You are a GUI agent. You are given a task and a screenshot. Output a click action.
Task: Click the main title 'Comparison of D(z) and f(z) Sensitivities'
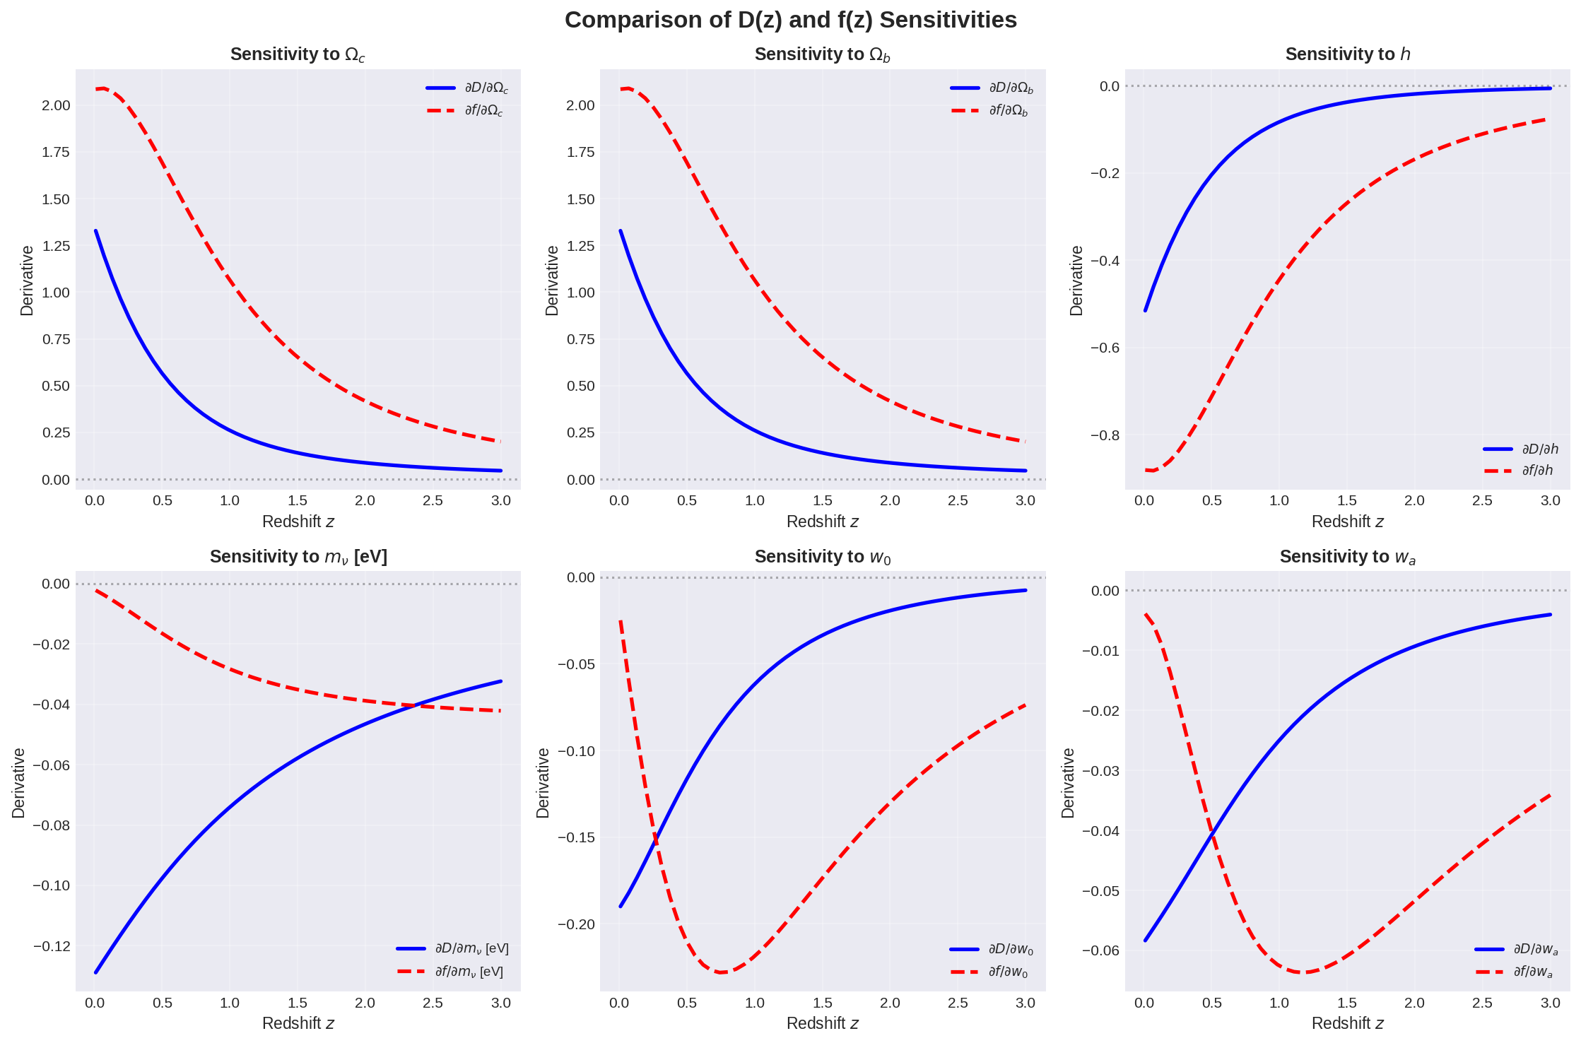pos(790,20)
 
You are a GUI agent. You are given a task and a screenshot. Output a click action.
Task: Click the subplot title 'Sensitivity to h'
pos(1347,54)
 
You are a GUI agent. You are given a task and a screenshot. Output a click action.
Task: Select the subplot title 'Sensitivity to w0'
pos(822,557)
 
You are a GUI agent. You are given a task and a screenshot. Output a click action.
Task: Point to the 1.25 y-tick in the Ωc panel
pos(56,246)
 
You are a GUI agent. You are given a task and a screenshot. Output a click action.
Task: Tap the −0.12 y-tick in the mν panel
pos(52,946)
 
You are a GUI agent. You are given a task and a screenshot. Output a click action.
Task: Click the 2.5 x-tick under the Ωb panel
pos(958,500)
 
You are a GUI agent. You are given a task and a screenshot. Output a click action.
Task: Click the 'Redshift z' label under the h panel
pos(1347,521)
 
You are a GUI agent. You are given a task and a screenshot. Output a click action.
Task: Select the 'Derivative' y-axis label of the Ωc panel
pos(27,281)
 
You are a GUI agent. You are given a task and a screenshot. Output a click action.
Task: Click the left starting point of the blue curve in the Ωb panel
pos(621,231)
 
